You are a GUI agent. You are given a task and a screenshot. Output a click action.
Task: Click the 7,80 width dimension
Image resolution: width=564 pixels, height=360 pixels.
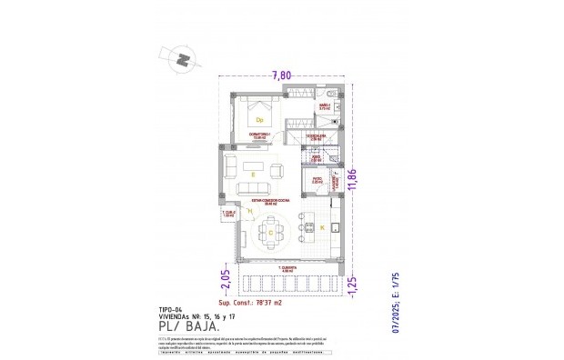282,76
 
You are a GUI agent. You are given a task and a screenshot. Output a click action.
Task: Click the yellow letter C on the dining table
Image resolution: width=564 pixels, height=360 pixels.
269,234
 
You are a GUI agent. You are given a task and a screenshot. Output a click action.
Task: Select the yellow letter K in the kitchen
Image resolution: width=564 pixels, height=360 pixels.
320,225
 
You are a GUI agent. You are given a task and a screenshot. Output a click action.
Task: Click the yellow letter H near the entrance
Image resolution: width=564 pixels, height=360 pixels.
249,212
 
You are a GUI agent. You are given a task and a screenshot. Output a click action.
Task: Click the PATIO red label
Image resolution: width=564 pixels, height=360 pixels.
317,179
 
